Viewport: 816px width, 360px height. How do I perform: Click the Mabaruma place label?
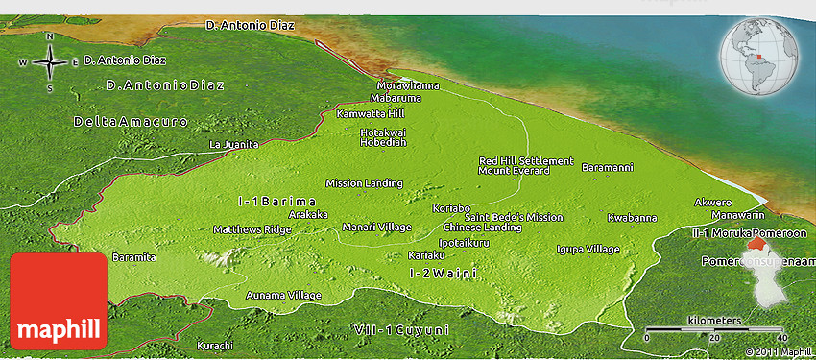click(396, 97)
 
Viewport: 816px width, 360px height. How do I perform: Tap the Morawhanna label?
click(408, 85)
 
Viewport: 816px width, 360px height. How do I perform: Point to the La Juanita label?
click(234, 144)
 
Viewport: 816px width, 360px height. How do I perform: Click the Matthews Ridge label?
click(252, 229)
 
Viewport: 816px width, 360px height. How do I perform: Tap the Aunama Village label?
click(283, 295)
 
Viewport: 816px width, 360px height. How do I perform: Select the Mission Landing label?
click(364, 182)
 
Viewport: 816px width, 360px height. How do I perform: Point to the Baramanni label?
click(607, 167)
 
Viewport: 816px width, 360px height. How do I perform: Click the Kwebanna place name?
click(632, 218)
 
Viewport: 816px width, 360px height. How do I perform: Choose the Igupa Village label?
click(588, 249)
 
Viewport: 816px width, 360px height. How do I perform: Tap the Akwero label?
click(713, 203)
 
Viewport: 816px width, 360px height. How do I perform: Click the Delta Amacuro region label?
click(131, 122)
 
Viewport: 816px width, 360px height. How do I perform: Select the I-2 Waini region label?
click(444, 274)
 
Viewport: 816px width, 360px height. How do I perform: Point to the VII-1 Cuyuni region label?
click(401, 330)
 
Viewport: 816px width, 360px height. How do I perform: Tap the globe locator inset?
click(762, 57)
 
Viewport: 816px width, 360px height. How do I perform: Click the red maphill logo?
click(58, 301)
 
